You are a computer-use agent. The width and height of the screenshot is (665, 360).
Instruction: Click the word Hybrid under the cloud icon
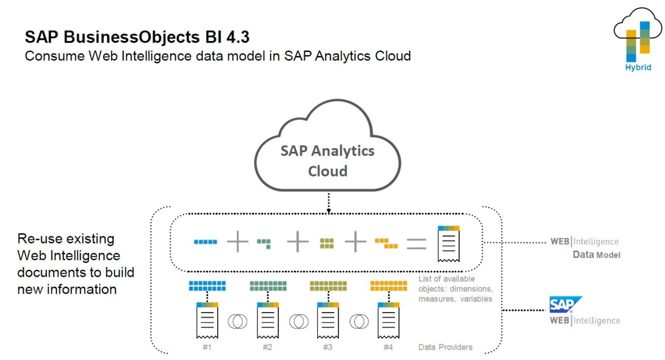pyautogui.click(x=638, y=68)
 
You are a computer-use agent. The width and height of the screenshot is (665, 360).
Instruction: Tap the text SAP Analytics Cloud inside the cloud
pyautogui.click(x=327, y=161)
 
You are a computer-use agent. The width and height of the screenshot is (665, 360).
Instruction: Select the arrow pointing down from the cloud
pyautogui.click(x=328, y=203)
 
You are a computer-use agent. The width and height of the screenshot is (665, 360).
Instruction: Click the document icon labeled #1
pyautogui.click(x=207, y=321)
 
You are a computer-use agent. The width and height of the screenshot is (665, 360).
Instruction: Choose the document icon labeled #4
pyautogui.click(x=388, y=321)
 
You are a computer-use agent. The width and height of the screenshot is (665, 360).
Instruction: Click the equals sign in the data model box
pyautogui.click(x=416, y=243)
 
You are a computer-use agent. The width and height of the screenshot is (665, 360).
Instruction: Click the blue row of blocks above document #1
pyautogui.click(x=207, y=286)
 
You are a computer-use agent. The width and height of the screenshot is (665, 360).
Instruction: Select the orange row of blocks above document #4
pyautogui.click(x=388, y=286)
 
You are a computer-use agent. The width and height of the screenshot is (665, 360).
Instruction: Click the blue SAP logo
pyautogui.click(x=565, y=304)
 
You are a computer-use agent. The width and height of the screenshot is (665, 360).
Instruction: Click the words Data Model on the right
pyautogui.click(x=596, y=255)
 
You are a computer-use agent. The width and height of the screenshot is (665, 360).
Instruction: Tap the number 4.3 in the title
pyautogui.click(x=241, y=37)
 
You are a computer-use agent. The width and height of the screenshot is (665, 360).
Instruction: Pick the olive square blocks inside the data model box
pyautogui.click(x=327, y=243)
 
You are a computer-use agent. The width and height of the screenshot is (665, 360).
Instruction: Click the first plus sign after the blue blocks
pyautogui.click(x=237, y=242)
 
